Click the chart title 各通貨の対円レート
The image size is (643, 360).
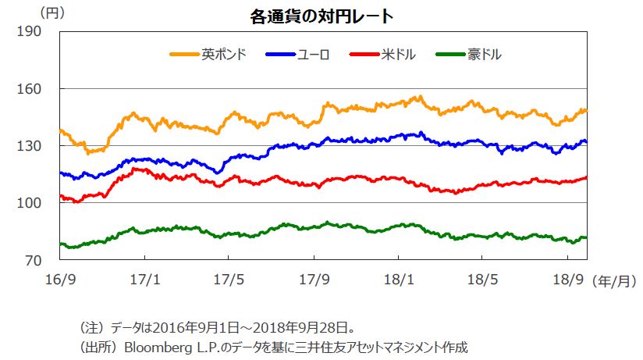321,15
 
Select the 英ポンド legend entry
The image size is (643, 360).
224,55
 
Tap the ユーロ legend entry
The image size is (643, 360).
313,55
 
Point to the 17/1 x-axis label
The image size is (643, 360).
144,279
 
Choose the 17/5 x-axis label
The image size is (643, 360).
228,279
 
